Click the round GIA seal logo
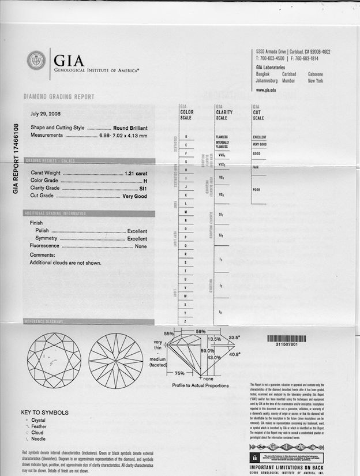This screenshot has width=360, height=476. point(36,61)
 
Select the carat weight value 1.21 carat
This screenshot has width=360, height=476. point(136,173)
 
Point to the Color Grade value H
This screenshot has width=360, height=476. point(144,181)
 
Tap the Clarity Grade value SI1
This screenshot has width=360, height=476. point(142,189)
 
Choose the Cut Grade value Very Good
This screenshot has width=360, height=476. point(134,196)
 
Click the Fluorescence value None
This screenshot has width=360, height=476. point(140,246)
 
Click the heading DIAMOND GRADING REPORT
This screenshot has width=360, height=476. point(58,97)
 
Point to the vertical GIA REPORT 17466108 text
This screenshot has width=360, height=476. point(16,159)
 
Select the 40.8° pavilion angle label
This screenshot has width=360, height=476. point(235,354)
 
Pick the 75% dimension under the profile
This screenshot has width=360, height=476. point(180,373)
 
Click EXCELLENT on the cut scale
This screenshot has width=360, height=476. point(260,137)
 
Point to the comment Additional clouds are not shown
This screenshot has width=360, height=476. point(65,263)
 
